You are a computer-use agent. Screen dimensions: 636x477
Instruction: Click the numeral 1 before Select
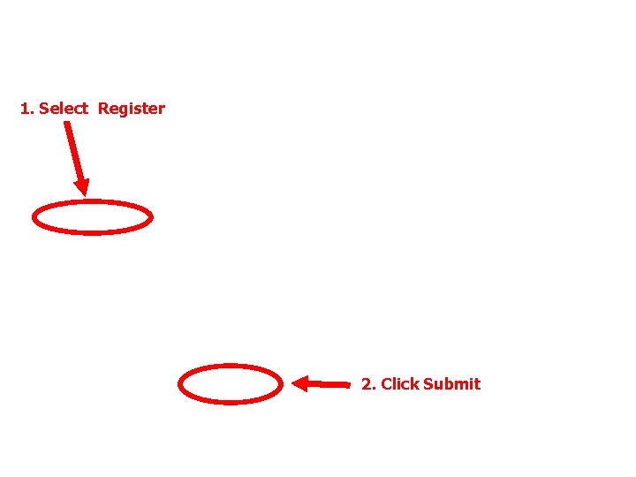coord(25,109)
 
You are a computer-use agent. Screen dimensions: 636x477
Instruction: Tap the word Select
coord(64,109)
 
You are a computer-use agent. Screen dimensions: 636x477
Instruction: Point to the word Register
coord(131,109)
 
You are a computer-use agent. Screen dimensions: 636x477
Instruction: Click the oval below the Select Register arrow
coord(93,217)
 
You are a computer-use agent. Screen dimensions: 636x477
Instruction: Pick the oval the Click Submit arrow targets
coord(231,384)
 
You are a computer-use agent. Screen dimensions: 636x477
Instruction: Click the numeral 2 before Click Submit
coord(366,384)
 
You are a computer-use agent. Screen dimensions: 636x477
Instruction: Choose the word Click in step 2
coord(399,384)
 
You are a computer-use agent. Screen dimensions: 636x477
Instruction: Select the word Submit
coord(451,384)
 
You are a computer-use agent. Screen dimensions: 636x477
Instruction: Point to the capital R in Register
coord(103,109)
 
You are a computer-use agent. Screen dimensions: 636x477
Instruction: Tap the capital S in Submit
coord(428,384)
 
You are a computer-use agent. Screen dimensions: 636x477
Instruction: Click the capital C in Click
coord(386,384)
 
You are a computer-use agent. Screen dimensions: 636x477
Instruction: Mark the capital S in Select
coord(44,109)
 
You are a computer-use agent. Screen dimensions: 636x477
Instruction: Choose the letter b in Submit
coord(449,384)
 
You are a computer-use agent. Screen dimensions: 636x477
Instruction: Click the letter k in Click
coord(413,384)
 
